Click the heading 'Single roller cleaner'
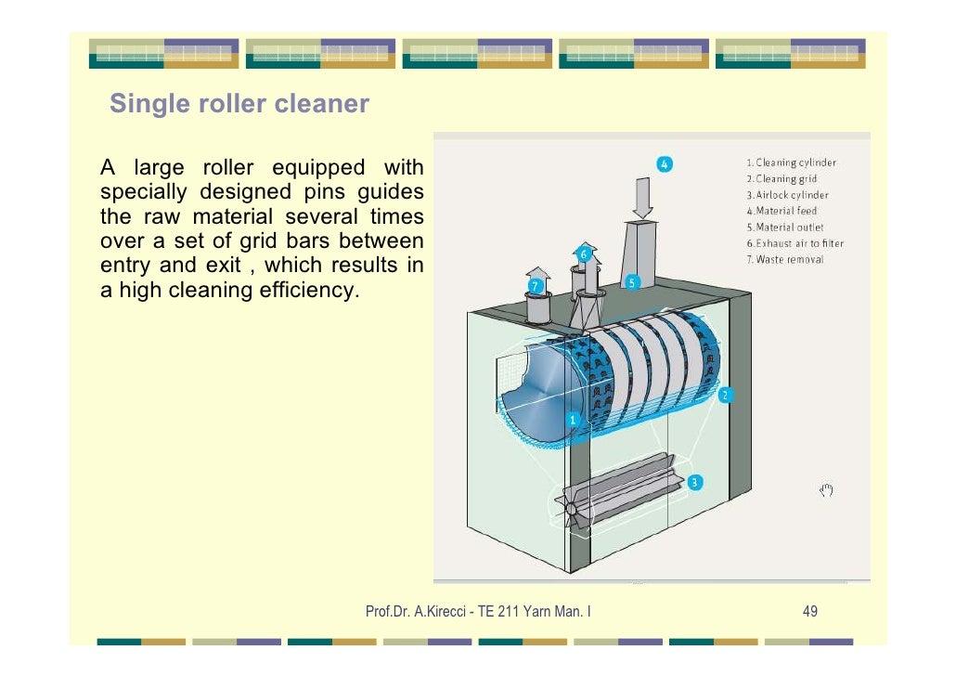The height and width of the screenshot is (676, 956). (x=239, y=103)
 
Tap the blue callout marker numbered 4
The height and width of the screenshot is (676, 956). (x=665, y=164)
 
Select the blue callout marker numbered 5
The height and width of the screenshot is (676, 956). (x=631, y=282)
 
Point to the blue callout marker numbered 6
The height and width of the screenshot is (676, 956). (x=584, y=253)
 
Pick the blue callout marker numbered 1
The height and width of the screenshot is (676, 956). (x=574, y=420)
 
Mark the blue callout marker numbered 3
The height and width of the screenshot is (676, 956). (x=695, y=482)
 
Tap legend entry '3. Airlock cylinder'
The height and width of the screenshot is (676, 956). (x=787, y=195)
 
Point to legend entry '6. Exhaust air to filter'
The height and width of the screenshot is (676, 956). (x=795, y=243)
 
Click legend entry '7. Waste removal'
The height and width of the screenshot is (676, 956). (x=783, y=259)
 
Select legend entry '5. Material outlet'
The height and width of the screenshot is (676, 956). (x=784, y=227)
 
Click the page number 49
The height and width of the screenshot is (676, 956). (x=809, y=611)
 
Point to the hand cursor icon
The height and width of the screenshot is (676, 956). (x=827, y=489)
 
